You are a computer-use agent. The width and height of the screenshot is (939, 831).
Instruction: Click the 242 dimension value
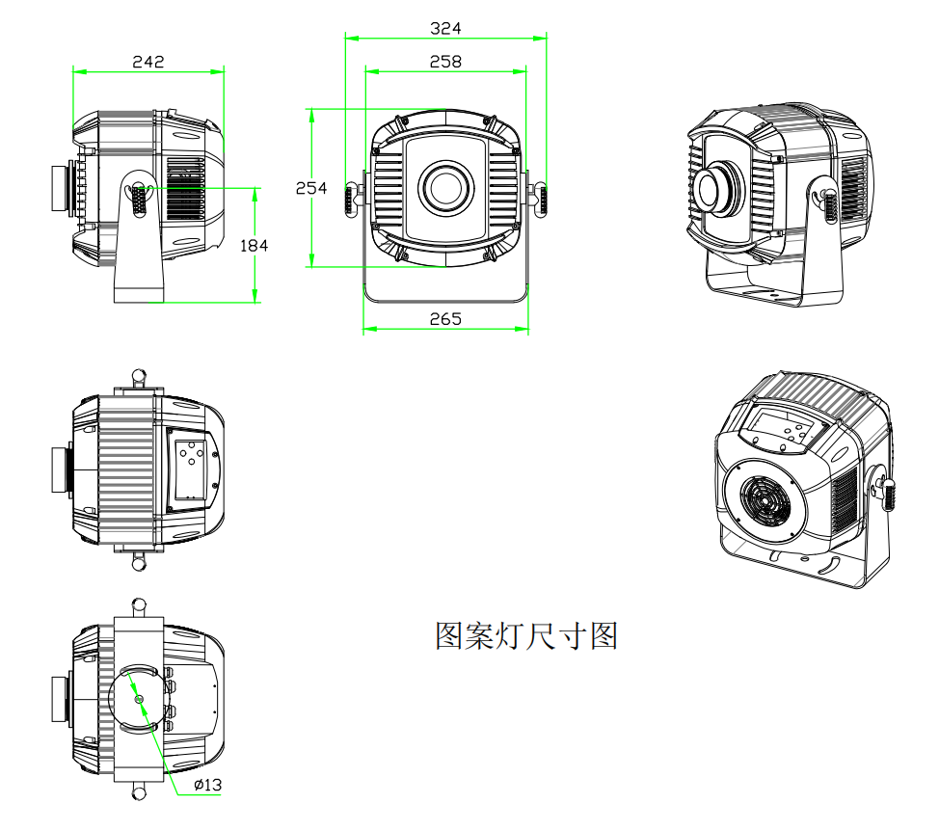tap(148, 62)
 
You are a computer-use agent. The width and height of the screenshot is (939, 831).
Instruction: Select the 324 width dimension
tap(445, 28)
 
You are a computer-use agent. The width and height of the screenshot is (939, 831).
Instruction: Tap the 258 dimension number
tap(445, 62)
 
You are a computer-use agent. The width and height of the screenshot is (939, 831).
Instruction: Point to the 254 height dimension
tap(311, 188)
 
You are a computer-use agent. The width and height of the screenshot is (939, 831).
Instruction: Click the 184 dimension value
tap(253, 245)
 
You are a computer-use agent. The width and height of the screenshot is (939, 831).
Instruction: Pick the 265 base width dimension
tap(445, 319)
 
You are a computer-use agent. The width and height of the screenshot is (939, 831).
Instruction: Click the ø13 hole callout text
tap(207, 785)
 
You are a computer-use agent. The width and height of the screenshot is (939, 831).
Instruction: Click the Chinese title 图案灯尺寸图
tap(526, 636)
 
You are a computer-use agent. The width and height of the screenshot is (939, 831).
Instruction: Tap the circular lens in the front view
tap(445, 184)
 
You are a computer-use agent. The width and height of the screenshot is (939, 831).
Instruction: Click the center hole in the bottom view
tap(139, 698)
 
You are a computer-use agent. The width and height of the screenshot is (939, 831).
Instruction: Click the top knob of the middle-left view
tap(139, 374)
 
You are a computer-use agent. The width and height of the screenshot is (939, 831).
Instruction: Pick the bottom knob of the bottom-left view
tap(139, 793)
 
